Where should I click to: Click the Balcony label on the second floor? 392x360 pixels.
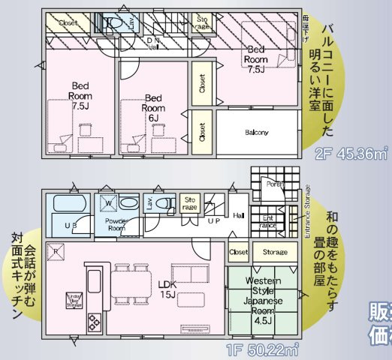pos(256,133)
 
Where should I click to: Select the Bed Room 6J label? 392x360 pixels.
pos(153,107)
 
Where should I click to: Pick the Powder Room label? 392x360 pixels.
pos(116,225)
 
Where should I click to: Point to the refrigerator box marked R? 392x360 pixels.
pos(55,251)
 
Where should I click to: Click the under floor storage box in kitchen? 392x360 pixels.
pos(74,300)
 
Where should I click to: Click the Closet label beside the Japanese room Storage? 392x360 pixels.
pos(239,252)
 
